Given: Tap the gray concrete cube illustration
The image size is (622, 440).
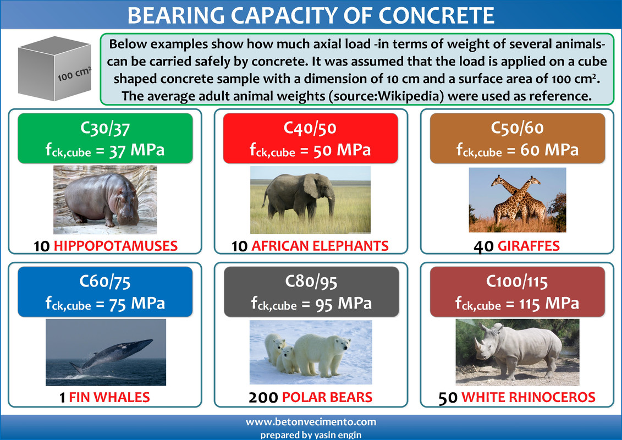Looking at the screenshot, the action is pos(55,68).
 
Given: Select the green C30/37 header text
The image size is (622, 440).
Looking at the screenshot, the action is pos(105,128).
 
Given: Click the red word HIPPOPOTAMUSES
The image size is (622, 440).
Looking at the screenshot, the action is pos(115,246).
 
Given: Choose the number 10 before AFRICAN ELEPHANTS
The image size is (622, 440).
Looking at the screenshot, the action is pos(240,246).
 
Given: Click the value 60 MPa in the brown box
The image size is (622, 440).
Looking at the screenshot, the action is pos(549,150).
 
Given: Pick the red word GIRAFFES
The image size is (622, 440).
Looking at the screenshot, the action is pos(529,246).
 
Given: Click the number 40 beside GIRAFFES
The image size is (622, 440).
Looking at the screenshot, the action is pos(483,246).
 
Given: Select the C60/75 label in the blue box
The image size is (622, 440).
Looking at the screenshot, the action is pos(105,282).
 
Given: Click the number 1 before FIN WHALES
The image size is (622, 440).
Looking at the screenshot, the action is pos(63,398).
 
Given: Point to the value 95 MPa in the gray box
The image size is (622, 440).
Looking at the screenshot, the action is pos(344,304).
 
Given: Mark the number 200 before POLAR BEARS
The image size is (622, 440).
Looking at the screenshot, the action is pos(263,398).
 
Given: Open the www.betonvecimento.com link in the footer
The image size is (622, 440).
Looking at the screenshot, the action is pos(311,422).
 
